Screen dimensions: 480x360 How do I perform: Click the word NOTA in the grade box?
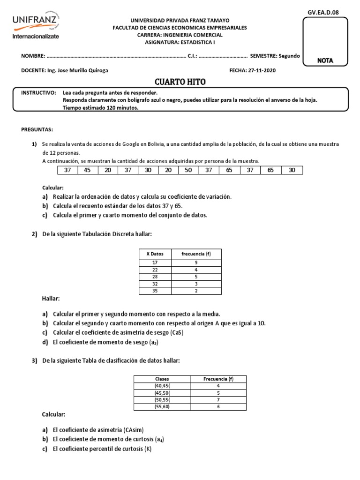325,60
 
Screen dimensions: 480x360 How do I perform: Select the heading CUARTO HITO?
180,82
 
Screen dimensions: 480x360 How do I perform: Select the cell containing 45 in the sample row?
88,170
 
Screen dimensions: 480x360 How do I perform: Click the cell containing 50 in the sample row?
188,170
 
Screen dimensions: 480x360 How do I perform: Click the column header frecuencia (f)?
196,254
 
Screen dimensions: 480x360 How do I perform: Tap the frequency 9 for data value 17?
196,262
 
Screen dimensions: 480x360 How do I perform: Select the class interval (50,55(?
162,399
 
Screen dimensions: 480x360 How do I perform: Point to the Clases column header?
162,379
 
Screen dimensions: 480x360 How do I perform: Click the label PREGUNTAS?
37,129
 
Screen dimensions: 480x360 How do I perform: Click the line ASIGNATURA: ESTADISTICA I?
180,42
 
